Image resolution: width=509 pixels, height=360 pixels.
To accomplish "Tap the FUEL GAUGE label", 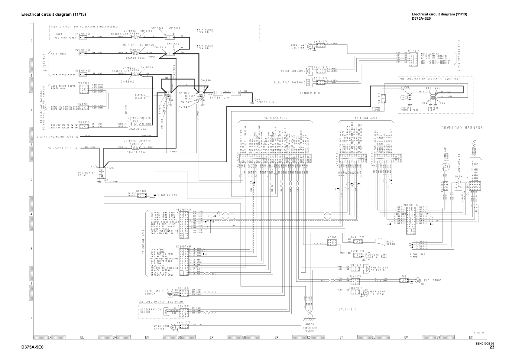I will coord(433,280).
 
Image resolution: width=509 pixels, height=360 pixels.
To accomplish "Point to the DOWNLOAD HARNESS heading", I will coord(462,128).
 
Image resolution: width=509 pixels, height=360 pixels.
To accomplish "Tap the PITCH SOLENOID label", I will coord(292,71).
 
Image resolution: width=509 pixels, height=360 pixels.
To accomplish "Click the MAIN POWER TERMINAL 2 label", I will coord(205,31).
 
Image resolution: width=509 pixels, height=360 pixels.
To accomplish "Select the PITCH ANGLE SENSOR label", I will coord(154,292).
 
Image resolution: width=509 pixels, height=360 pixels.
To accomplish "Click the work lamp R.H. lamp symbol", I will coord(311,46).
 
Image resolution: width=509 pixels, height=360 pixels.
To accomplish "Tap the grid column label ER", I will coord(276,337).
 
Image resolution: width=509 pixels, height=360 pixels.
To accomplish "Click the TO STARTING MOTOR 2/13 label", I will coord(57,137).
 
